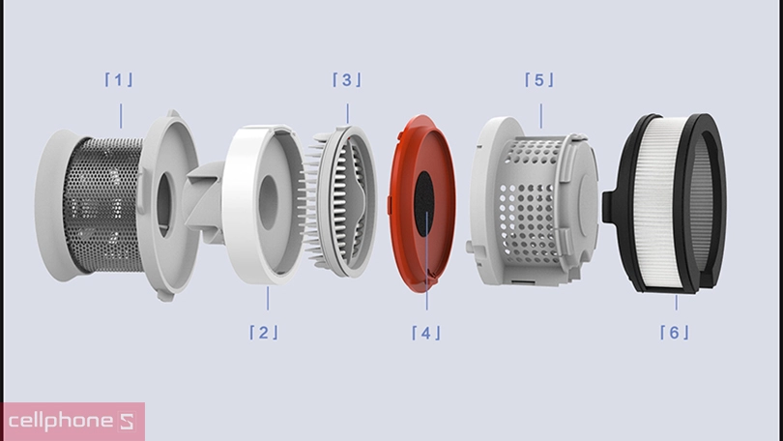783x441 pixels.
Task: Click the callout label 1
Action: click(x=119, y=79)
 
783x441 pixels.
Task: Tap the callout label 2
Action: click(x=263, y=332)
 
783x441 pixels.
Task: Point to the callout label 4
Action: click(x=426, y=333)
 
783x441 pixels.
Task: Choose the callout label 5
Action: click(x=539, y=79)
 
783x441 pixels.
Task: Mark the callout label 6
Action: click(x=675, y=332)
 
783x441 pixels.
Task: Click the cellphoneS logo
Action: click(x=72, y=422)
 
